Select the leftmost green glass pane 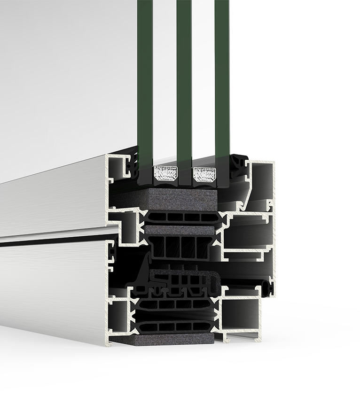click(x=145, y=80)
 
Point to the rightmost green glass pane click(x=222, y=80)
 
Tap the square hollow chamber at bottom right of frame click(x=241, y=315)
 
